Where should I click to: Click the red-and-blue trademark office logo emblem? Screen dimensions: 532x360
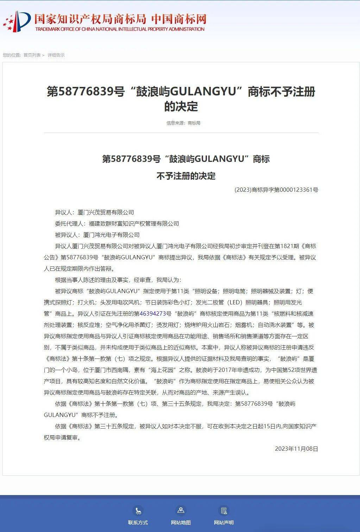point(17,21)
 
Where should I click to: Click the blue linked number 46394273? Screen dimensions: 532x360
point(153,313)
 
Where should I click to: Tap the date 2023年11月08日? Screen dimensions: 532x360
point(296,449)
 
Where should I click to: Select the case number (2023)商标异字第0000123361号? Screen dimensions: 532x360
point(276,190)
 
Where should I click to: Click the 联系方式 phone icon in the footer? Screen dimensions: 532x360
point(138,511)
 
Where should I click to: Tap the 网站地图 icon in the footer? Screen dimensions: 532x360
point(181,510)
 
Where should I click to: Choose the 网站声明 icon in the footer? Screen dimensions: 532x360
point(223,511)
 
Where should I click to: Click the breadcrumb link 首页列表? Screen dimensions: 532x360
point(32,55)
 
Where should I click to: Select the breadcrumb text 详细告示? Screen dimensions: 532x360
point(56,55)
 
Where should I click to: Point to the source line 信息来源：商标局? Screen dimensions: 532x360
point(183,123)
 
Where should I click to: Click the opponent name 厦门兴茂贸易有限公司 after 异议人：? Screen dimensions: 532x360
point(106,212)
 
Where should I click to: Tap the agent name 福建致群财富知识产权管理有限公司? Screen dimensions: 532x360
point(134,223)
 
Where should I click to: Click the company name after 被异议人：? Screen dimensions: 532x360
point(111,235)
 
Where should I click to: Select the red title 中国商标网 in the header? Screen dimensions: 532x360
point(179,19)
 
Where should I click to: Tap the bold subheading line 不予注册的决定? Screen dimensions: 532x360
point(186,176)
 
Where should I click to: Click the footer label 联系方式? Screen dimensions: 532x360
point(138,522)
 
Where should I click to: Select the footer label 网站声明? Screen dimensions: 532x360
point(223,522)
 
